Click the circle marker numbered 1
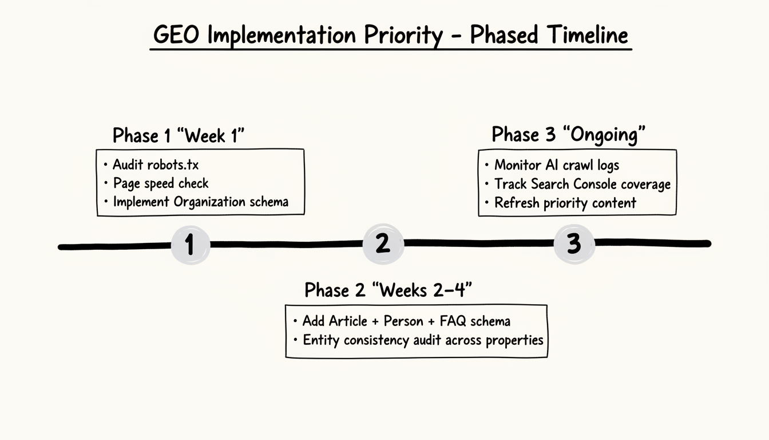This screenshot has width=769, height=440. coord(190,245)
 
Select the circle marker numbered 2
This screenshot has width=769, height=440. coord(383,243)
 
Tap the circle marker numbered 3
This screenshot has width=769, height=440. coord(574,243)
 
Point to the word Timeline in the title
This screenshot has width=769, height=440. coord(588,36)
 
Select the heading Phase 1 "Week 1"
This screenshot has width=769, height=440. coord(179,136)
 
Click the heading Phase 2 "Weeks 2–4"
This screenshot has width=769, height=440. coord(388,290)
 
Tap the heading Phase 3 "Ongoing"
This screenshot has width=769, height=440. coord(568,135)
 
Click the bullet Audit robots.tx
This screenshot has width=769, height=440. coord(155,165)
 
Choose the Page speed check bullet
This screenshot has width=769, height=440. coord(160,183)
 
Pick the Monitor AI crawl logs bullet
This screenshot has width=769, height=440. coord(556,166)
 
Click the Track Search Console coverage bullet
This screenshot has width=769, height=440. coord(582,184)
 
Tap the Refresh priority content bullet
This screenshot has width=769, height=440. coord(565,203)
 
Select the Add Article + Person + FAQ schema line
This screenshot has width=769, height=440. coord(406,321)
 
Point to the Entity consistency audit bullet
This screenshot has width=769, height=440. coord(422,340)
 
